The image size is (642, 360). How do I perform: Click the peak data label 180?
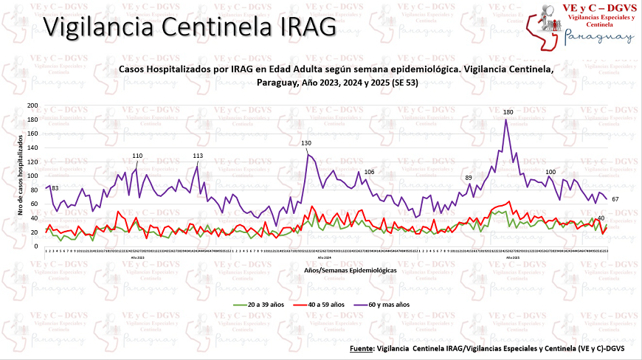coord(508,112)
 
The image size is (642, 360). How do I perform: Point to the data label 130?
coord(306,142)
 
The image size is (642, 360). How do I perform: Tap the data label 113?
coord(198,156)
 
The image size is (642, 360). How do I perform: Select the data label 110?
coord(137,156)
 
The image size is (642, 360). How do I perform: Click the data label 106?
coord(369,172)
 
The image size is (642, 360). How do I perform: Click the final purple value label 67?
coord(615,200)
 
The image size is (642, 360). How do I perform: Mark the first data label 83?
coord(55,189)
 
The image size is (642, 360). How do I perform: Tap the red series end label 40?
coord(601,218)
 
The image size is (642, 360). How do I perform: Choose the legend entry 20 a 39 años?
coord(263,304)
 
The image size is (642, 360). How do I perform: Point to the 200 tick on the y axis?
coord(32,105)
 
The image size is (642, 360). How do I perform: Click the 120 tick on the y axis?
coord(32,162)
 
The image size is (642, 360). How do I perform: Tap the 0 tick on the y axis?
coord(36,246)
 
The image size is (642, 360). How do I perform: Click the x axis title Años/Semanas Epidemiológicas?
coord(351,271)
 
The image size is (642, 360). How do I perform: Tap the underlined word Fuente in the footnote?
coord(362,347)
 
